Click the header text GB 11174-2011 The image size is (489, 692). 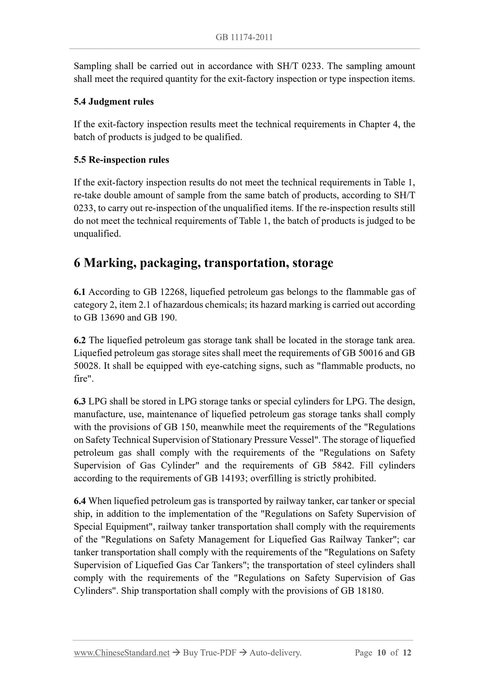244,38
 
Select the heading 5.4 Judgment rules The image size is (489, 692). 114,102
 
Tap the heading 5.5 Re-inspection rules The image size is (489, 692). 121,160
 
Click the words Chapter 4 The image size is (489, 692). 378,124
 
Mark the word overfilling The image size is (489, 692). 270,478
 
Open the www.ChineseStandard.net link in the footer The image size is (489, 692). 121,653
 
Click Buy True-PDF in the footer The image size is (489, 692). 209,653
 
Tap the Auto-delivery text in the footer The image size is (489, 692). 275,653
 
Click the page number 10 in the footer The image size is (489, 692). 381,653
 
